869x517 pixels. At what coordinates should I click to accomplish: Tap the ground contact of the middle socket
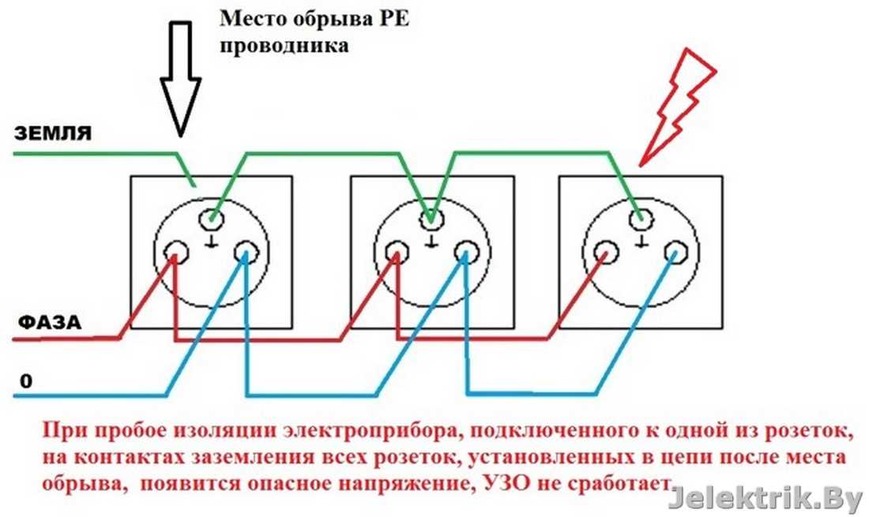pyautogui.click(x=430, y=215)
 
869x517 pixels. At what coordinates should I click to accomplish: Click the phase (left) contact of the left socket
pyautogui.click(x=175, y=254)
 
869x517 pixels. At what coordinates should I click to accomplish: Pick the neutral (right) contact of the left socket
pyautogui.click(x=246, y=254)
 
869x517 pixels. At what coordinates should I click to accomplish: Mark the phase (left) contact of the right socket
pyautogui.click(x=606, y=254)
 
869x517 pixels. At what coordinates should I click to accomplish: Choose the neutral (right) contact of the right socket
pyautogui.click(x=675, y=254)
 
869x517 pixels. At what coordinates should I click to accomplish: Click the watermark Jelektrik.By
pyautogui.click(x=765, y=498)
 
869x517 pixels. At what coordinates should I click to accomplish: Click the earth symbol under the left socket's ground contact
pyautogui.click(x=211, y=242)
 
